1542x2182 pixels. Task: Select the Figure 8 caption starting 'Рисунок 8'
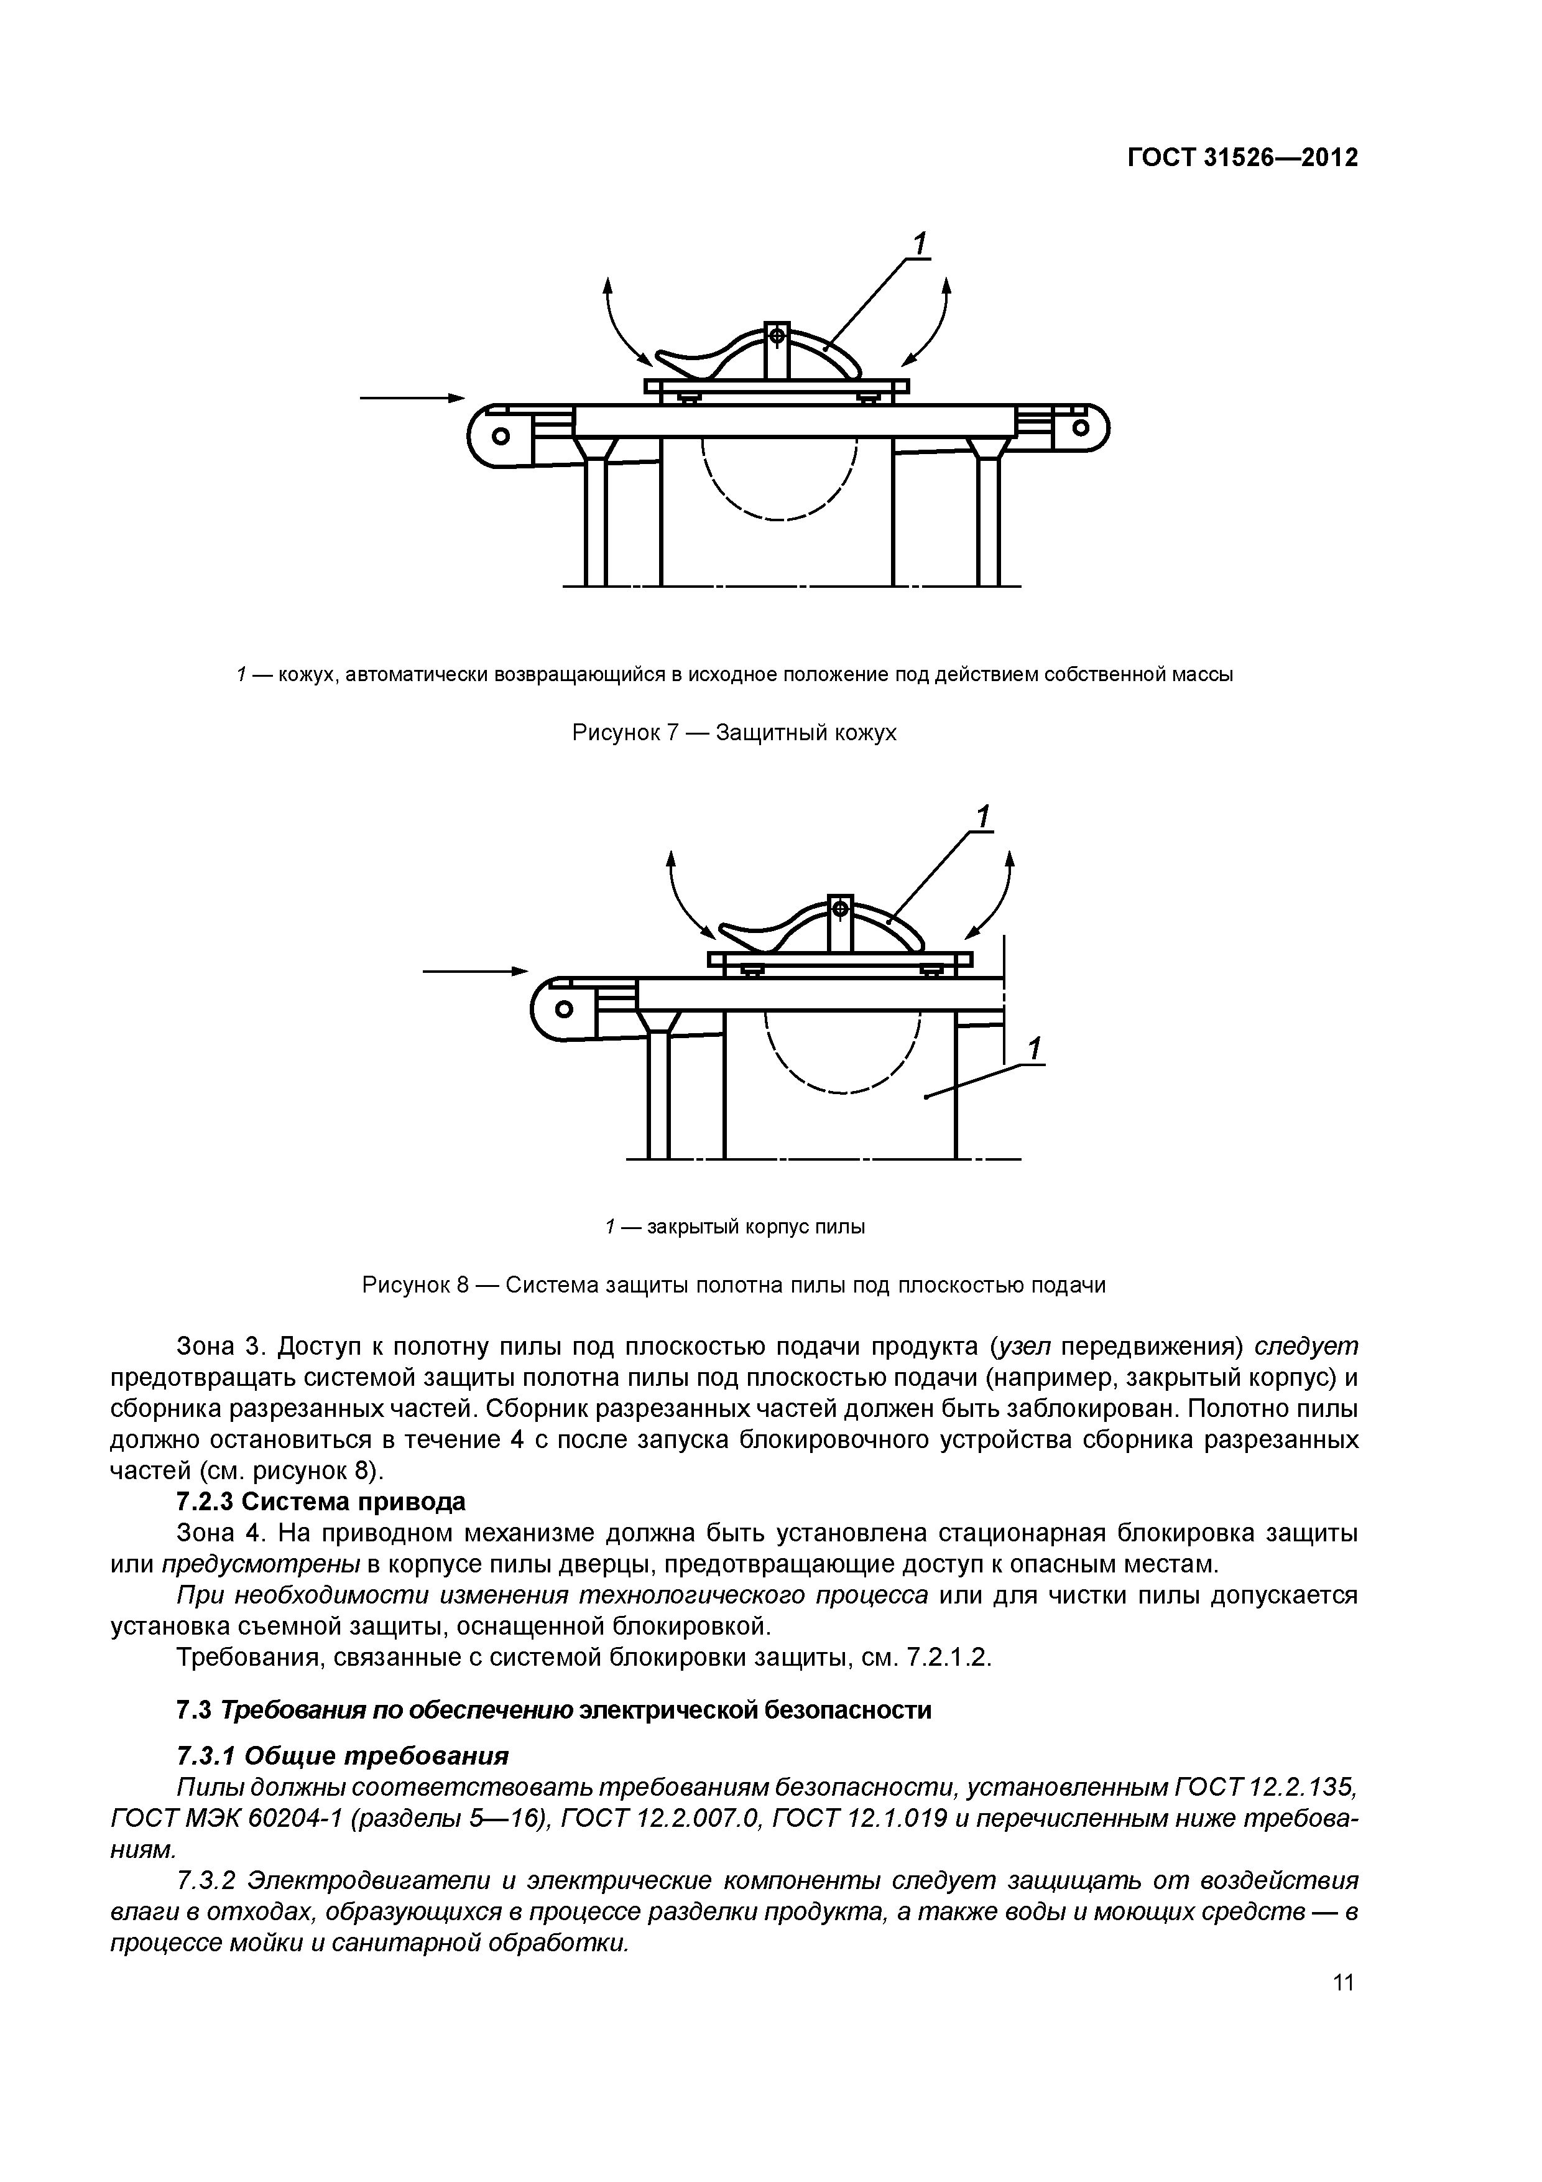pos(734,1286)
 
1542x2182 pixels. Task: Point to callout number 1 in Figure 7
pos(919,244)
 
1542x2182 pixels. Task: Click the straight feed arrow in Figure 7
pos(412,397)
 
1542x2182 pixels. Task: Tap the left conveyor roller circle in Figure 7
pos(500,435)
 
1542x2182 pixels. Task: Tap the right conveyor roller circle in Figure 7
pos(1080,428)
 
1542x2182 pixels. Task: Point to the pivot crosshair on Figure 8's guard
pos(840,909)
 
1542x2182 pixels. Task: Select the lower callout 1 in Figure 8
pos(1035,1049)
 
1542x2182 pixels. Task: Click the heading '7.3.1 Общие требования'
pos(343,1754)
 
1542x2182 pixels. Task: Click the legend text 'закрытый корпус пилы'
pos(755,1227)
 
